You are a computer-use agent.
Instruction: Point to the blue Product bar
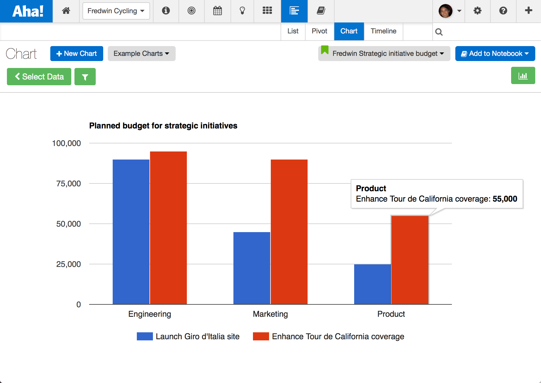pyautogui.click(x=372, y=284)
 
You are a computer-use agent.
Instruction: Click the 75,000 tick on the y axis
pyautogui.click(x=68, y=183)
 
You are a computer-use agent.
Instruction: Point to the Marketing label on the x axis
pyautogui.click(x=270, y=314)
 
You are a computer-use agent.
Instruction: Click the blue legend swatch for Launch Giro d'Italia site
pyautogui.click(x=145, y=336)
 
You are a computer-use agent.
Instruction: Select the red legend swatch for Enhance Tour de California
pyautogui.click(x=261, y=336)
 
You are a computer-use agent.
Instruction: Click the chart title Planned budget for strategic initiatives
pyautogui.click(x=163, y=126)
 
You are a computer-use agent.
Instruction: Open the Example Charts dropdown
pyautogui.click(x=141, y=54)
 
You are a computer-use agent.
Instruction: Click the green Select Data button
pyautogui.click(x=39, y=77)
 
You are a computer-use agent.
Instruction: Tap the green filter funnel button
pyautogui.click(x=85, y=77)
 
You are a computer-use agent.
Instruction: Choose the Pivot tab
pyautogui.click(x=319, y=31)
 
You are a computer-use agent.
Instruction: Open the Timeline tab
pyautogui.click(x=383, y=31)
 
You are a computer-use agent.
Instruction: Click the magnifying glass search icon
pyautogui.click(x=439, y=32)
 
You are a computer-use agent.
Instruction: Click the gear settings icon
pyautogui.click(x=477, y=11)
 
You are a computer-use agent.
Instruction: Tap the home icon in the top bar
pyautogui.click(x=66, y=11)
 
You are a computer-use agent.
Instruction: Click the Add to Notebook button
pyautogui.click(x=495, y=54)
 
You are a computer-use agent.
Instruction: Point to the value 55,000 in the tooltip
pyautogui.click(x=505, y=199)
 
